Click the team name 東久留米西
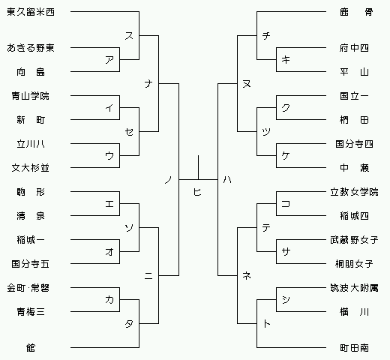pos(31,12)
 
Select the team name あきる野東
pos(31,48)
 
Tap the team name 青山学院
pos(31,96)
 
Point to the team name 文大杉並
pos(31,168)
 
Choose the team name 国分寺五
pos(31,264)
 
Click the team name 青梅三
pos(31,312)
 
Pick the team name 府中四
pos(354,48)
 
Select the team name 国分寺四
pos(354,144)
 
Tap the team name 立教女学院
pos(354,192)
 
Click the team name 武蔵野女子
pos(354,240)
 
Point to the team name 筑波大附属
pos(354,288)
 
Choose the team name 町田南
pos(354,348)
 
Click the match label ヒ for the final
pos(197,192)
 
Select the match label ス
pos(129,36)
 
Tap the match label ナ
pos(148,83)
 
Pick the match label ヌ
pos(247,83)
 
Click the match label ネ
pos(247,275)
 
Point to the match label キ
pos(286,60)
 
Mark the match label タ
pos(129,324)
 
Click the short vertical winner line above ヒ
pos(199,167)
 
